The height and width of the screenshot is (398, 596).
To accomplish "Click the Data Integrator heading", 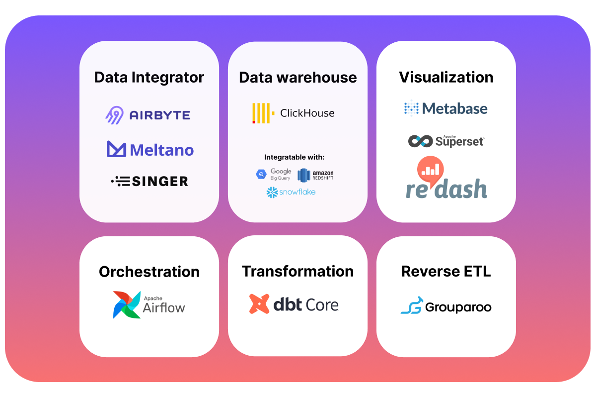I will click(x=149, y=78).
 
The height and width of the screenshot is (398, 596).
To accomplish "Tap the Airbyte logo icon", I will click(x=114, y=115).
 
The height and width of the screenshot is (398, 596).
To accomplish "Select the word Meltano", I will click(x=162, y=150).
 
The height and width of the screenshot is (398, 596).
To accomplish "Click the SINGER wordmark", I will click(x=160, y=181).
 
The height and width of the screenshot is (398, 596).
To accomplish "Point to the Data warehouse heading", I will click(x=298, y=78).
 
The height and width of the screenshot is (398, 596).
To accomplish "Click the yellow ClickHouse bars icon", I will click(x=261, y=113).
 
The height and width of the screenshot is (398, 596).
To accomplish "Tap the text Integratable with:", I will click(x=294, y=157).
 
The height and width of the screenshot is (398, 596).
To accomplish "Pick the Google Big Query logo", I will click(x=274, y=174).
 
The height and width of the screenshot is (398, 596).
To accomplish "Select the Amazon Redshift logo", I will click(x=315, y=175).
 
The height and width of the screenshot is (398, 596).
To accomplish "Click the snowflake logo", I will click(x=291, y=192).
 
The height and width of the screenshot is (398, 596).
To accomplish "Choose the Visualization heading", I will click(x=446, y=78).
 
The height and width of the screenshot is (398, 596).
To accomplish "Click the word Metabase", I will click(x=455, y=108).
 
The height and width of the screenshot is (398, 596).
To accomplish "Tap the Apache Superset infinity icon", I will click(x=420, y=141).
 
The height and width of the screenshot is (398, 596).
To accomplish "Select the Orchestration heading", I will click(x=149, y=272).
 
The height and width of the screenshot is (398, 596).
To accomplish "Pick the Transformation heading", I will click(x=298, y=272).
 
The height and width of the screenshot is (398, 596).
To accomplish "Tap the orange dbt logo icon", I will click(x=259, y=304).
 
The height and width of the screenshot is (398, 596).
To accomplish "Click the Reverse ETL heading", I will click(x=446, y=272).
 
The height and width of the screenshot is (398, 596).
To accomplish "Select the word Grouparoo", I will click(x=458, y=307).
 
